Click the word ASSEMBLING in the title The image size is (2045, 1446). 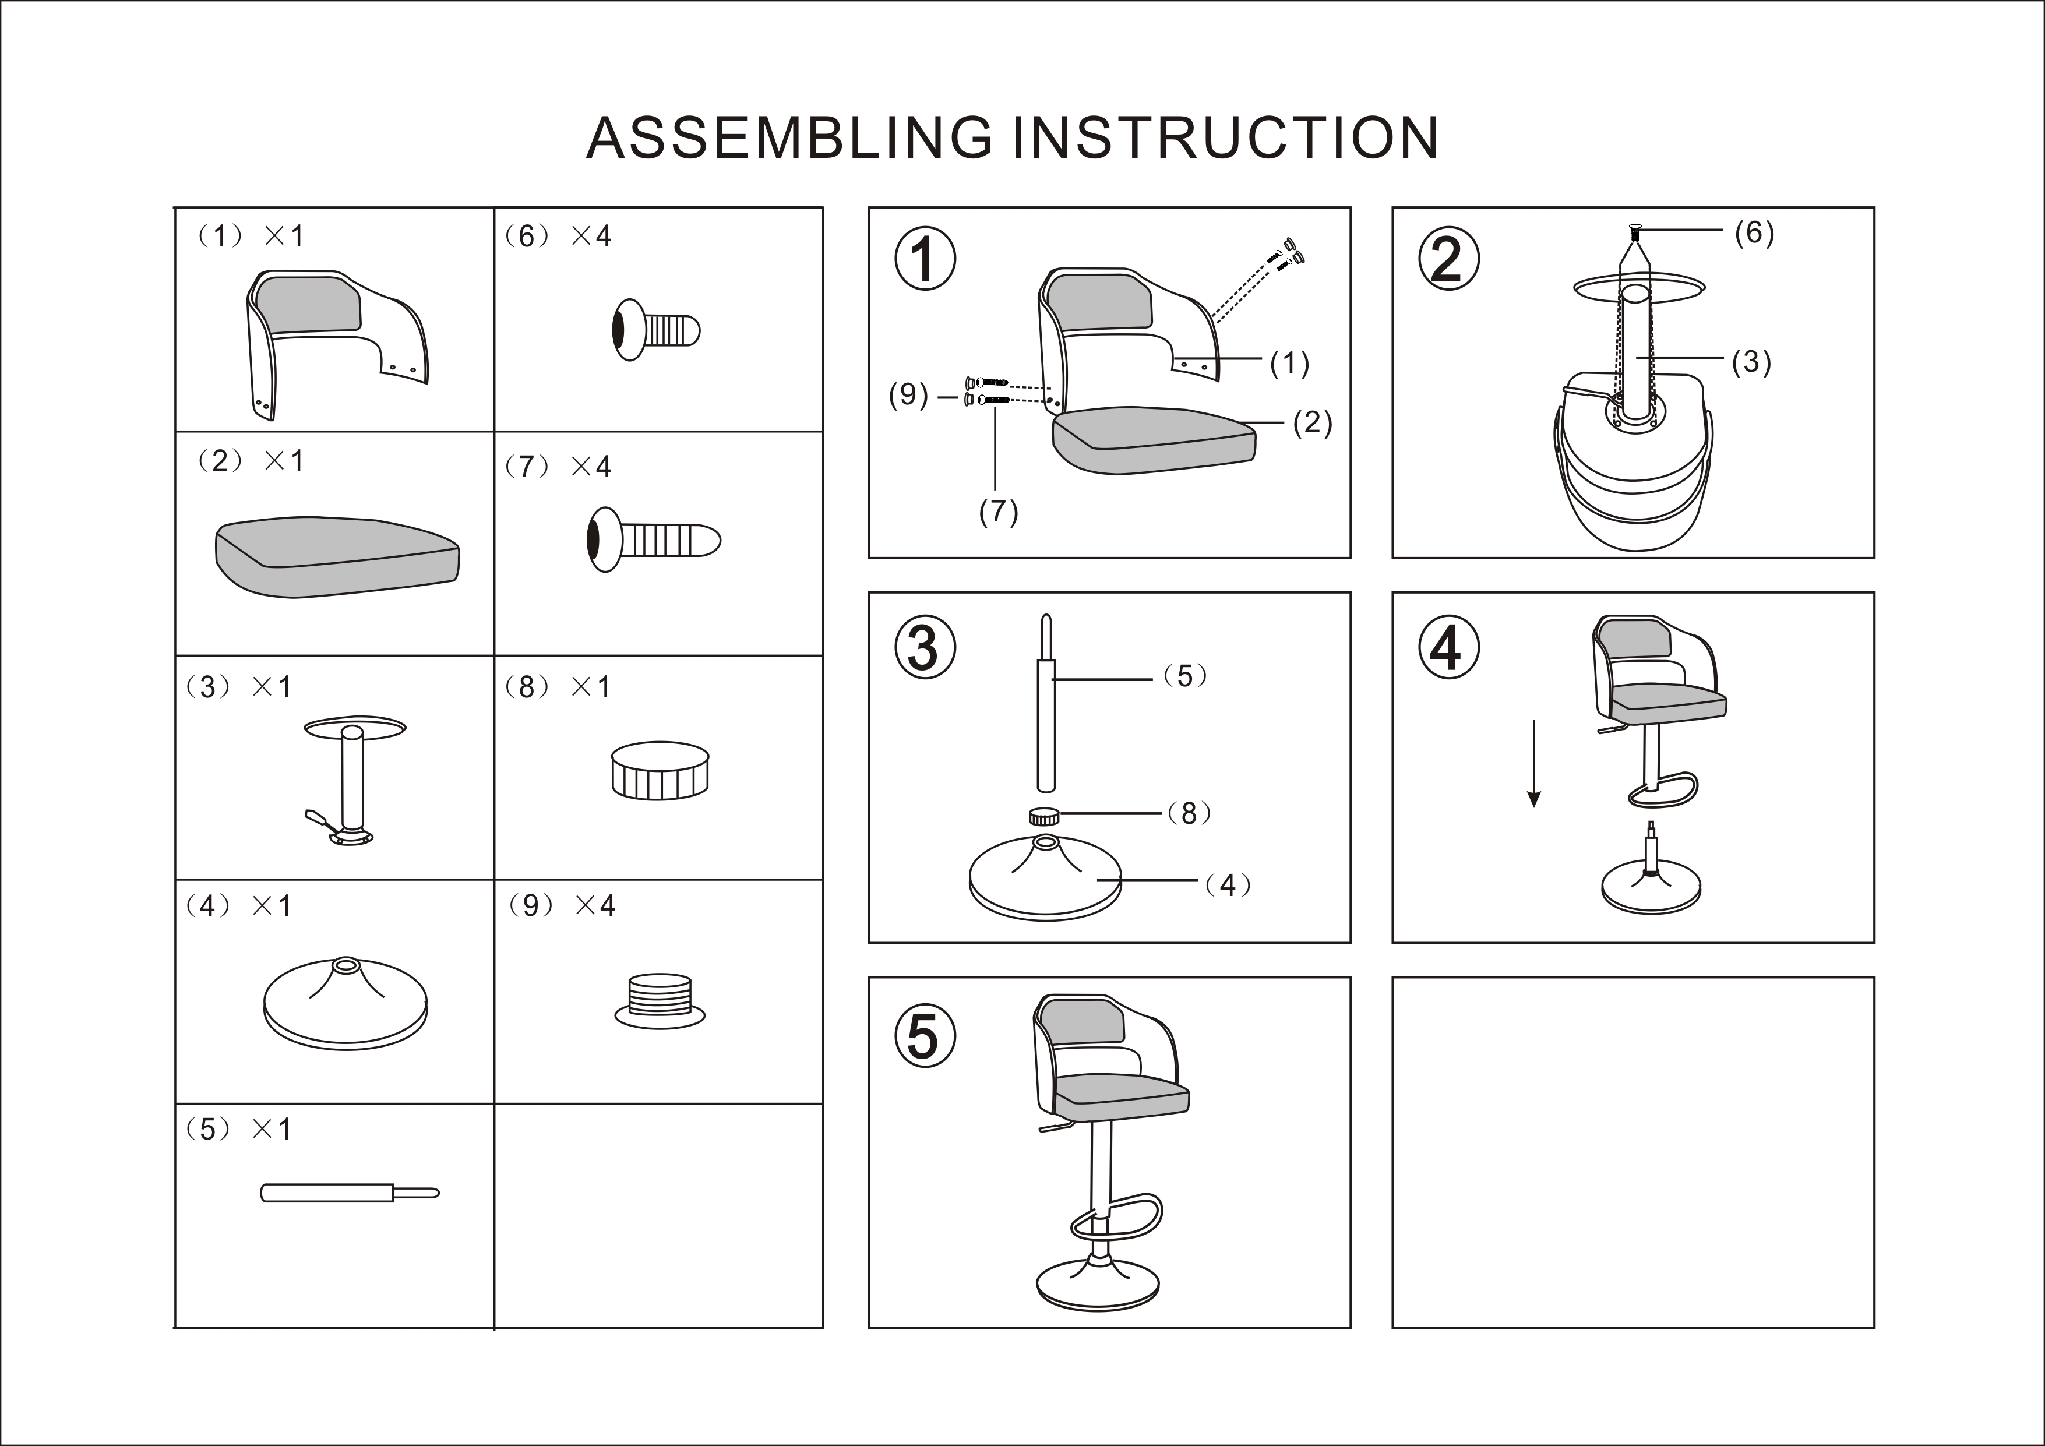pyautogui.click(x=789, y=138)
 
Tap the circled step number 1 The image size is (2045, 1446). pyautogui.click(x=925, y=259)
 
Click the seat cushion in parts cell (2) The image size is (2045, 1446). pyautogui.click(x=337, y=556)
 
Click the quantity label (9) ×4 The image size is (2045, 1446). pyautogui.click(x=563, y=905)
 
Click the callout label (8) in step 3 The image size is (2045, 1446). pyautogui.click(x=1189, y=812)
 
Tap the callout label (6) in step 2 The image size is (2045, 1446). pyautogui.click(x=1754, y=232)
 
